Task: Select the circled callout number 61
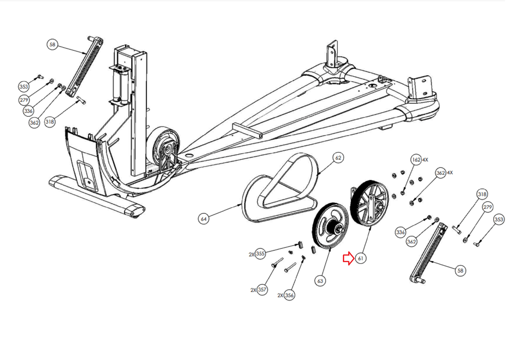(360, 258)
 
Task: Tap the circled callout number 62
(338, 158)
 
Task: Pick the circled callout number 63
(320, 281)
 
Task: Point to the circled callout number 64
(203, 219)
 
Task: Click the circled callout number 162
(416, 160)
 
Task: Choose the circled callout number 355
(260, 254)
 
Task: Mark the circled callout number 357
(262, 290)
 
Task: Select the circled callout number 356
(289, 295)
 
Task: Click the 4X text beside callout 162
(425, 160)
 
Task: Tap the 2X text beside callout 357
(253, 290)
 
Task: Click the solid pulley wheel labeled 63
(331, 225)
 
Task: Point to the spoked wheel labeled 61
(369, 203)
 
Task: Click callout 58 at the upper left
(52, 44)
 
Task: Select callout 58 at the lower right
(460, 271)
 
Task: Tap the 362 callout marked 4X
(441, 173)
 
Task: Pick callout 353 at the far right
(499, 220)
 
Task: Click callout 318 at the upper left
(50, 122)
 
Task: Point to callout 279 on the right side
(488, 207)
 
